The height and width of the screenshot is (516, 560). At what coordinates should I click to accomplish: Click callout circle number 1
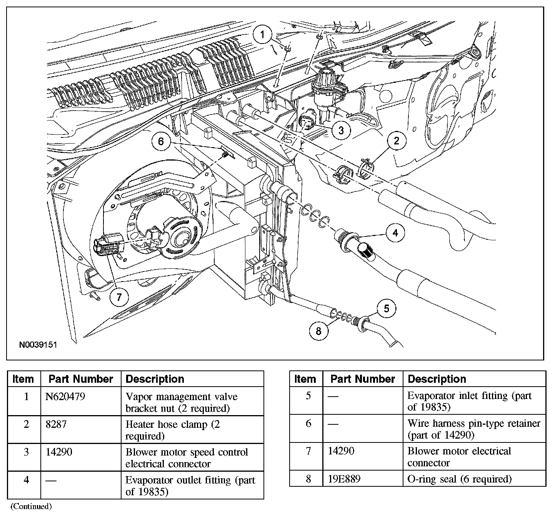coord(263,35)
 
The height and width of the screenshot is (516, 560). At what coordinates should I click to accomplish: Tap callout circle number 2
coord(397,141)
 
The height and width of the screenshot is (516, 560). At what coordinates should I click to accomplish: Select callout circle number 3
coord(340,131)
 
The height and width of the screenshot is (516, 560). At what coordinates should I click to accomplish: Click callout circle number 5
coord(387,308)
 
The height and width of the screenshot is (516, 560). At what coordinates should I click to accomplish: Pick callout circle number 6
coord(161,141)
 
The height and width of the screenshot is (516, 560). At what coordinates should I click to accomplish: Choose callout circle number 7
coord(119,297)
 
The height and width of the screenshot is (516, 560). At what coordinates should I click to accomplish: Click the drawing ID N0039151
coord(38,344)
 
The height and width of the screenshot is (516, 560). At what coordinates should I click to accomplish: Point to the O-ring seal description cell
coord(459,479)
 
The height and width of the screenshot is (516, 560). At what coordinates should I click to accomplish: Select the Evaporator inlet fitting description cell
coord(469,401)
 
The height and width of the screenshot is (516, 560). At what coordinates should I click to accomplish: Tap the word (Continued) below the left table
coord(31,506)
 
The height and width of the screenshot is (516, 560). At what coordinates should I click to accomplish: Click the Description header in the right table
coord(437,379)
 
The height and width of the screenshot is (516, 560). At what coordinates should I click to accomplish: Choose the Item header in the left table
coord(23,379)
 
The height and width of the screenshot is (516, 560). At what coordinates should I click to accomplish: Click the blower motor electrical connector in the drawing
coord(106,245)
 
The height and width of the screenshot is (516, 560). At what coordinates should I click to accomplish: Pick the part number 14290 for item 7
coord(341,451)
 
